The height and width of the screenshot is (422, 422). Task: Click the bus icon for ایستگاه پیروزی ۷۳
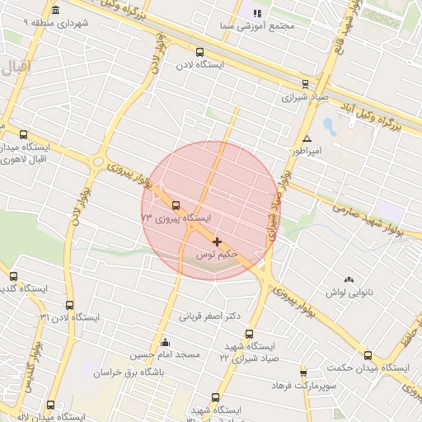tap(176, 206)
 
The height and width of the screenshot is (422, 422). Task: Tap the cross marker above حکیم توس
tap(217, 241)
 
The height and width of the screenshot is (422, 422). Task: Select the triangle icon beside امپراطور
tap(307, 138)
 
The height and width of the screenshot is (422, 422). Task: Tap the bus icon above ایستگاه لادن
tap(199, 53)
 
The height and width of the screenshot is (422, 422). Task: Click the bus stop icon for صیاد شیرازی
tap(306, 83)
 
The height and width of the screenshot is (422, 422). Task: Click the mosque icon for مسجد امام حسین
tap(166, 343)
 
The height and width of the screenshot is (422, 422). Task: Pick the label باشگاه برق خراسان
tap(123, 373)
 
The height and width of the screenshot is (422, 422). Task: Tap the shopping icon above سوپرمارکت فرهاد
tap(304, 373)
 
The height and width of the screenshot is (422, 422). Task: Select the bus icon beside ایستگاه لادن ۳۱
tap(69, 305)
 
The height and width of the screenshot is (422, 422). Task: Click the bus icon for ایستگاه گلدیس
tap(13, 276)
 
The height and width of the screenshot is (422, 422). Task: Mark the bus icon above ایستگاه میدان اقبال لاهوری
tap(23, 134)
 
